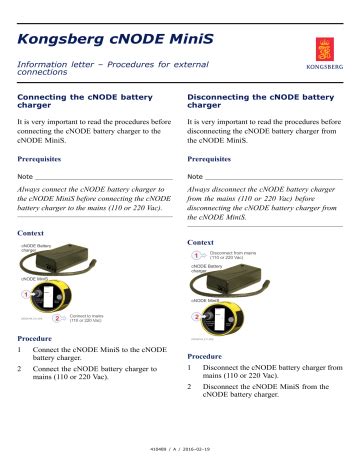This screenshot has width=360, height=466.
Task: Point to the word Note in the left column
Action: tap(27, 177)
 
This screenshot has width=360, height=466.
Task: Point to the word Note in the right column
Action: tap(196, 177)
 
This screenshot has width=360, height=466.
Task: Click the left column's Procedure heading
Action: tap(37, 339)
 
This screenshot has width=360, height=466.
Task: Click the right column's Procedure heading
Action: tap(207, 356)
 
